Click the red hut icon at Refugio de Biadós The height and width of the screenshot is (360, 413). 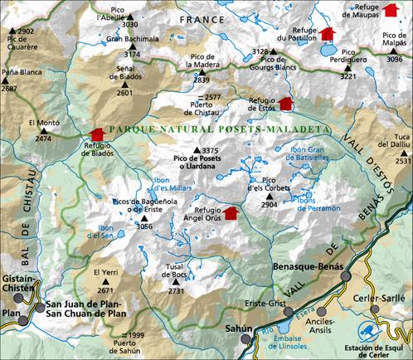click(x=97, y=134)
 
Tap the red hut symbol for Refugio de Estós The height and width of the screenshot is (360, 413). click(x=286, y=104)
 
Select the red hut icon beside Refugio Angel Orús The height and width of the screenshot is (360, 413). click(x=230, y=213)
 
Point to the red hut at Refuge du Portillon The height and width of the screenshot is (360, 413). click(x=327, y=33)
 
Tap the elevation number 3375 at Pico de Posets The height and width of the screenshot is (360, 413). click(x=210, y=150)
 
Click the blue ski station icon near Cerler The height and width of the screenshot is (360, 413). click(x=370, y=328)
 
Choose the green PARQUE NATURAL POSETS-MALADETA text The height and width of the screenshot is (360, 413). click(x=219, y=131)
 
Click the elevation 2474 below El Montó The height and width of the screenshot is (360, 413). click(x=43, y=139)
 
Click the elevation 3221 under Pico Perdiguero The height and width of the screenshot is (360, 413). click(x=348, y=76)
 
